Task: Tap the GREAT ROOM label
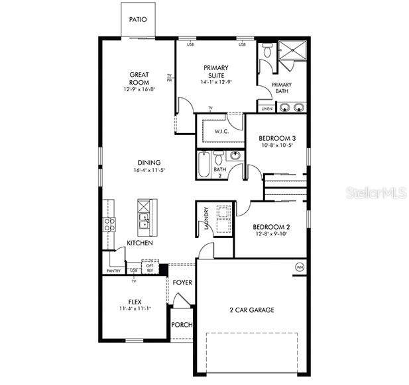pos(139,78)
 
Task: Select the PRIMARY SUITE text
pos(216,71)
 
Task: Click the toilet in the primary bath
pos(267,50)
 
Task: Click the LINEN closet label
pos(266,108)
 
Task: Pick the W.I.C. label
pos(221,131)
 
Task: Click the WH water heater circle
pos(300,267)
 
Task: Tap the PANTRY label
pos(114,271)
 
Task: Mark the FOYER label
pos(183,283)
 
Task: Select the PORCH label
pos(182,325)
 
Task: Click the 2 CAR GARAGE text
pos(252,310)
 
